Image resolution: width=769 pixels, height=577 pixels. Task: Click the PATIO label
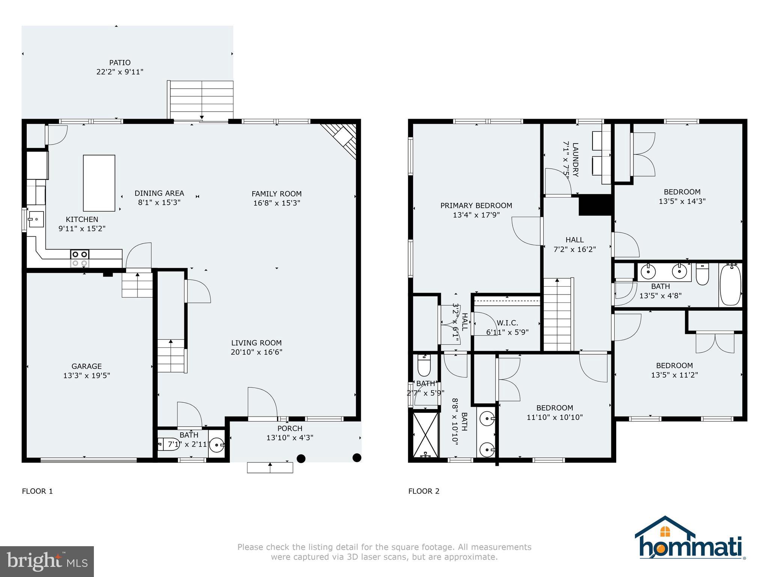pos(120,63)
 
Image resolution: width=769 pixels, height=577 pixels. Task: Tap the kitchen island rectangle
pos(99,183)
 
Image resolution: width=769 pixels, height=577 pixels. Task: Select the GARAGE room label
pos(87,366)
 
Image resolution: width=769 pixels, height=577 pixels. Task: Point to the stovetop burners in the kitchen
pos(80,258)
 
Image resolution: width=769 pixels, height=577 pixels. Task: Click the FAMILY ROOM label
pos(277,194)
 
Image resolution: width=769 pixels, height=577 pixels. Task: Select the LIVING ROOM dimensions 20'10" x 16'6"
pos(256,352)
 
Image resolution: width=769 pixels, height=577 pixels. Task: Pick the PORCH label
pos(290,428)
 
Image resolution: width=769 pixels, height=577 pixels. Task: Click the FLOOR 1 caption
pos(38,491)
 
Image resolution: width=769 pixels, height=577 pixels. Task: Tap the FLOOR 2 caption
pos(424,491)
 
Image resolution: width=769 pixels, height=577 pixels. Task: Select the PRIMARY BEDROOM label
pos(476,205)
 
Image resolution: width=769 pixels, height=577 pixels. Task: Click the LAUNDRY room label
pos(575,159)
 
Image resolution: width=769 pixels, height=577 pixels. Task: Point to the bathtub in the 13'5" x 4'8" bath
pos(730,285)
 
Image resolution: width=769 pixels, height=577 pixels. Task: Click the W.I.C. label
pos(507,323)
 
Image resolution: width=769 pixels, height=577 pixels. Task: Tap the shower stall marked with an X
pos(425,435)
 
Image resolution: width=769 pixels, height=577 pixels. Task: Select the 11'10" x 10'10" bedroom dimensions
pos(555,417)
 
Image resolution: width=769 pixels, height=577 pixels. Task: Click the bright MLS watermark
pos(47,561)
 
